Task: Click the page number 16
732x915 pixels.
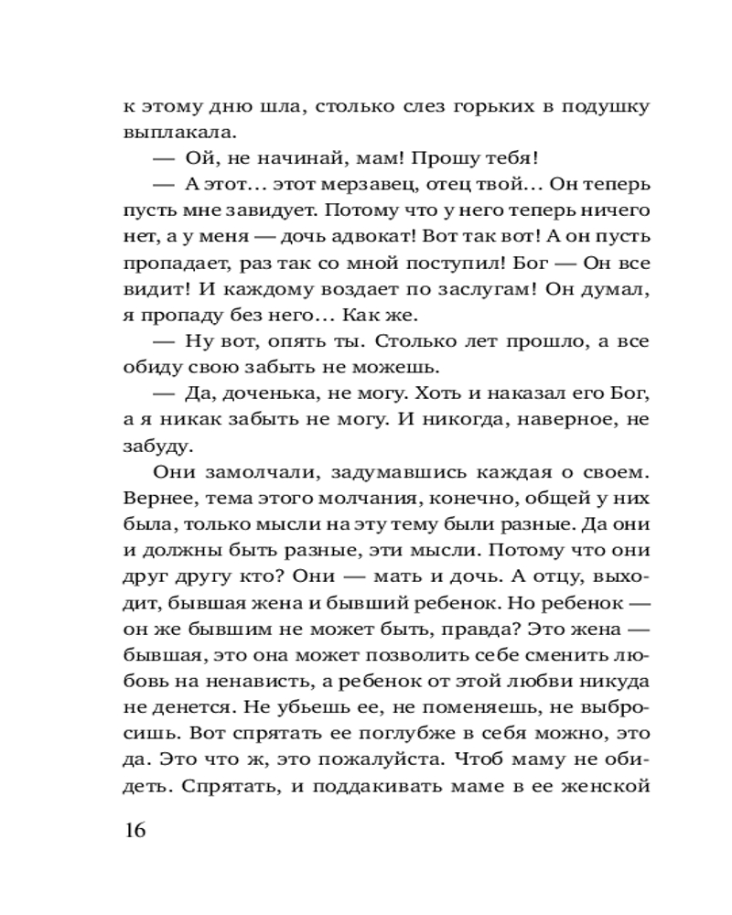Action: click(134, 831)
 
